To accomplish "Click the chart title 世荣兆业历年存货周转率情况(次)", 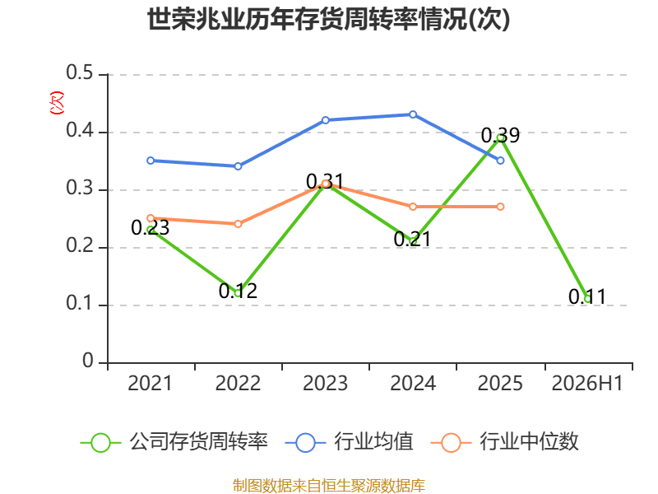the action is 328,19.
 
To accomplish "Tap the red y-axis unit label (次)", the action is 57,103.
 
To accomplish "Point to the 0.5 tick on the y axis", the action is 79,72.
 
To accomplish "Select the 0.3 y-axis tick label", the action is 79,189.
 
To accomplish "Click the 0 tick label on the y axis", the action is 88,361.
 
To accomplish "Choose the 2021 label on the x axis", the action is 151,384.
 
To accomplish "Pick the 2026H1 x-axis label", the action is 587,384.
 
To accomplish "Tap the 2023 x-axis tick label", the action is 325,384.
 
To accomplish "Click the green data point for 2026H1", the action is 588,299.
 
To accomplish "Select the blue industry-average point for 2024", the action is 413,114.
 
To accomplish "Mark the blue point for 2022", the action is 238,166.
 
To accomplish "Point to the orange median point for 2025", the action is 500,207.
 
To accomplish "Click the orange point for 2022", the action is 238,224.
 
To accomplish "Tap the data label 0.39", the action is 500,136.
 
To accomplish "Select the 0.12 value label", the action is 238,291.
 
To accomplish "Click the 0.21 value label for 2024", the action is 413,239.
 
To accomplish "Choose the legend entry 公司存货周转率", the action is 174,442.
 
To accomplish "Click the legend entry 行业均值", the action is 349,442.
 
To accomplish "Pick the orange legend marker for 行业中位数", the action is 451,443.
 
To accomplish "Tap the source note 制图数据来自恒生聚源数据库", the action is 329,486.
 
